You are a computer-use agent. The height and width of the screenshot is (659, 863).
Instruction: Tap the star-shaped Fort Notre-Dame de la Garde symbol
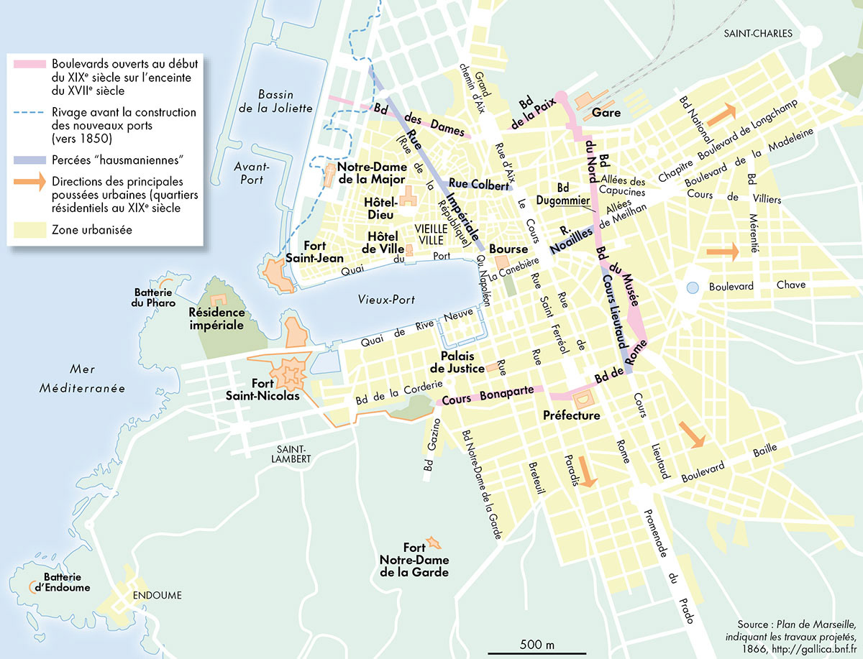(433, 541)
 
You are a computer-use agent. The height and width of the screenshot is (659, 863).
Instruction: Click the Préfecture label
(572, 415)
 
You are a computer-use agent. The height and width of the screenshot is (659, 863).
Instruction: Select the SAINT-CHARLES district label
(758, 34)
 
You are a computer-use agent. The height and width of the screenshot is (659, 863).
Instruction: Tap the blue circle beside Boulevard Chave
(692, 287)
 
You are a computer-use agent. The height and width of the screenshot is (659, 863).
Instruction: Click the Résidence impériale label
(216, 319)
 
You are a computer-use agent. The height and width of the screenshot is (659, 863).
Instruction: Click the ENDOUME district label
(157, 596)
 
